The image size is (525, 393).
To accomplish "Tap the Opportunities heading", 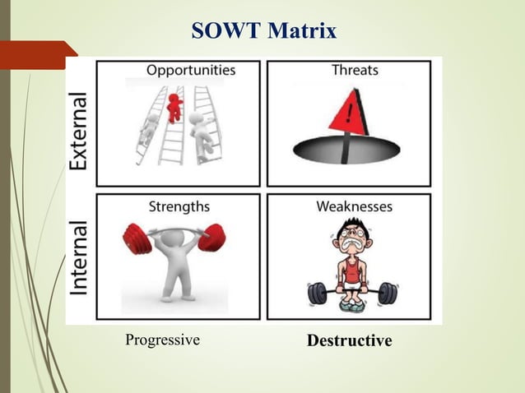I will tap(191, 71).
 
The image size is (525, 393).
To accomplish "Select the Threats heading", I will tap(355, 71).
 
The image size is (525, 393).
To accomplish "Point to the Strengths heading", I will tap(179, 206).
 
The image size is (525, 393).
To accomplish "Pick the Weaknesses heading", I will tap(355, 206).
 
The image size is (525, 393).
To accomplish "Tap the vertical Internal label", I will tap(79, 257).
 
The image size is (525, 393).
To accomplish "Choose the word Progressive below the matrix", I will tap(162, 340).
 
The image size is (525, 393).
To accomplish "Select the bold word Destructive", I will tap(349, 340).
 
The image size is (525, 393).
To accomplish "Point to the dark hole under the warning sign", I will tap(346, 151).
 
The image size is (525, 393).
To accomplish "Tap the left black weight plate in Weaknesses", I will tap(317, 294).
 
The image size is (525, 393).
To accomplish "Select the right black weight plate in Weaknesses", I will tap(388, 294).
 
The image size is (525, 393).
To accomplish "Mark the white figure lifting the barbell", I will tap(174, 263).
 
